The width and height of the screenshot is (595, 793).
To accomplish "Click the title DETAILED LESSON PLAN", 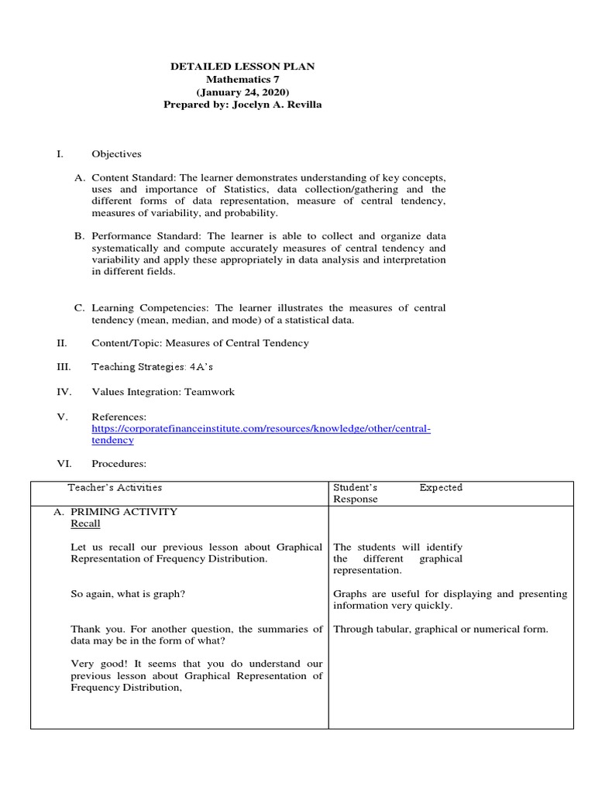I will pyautogui.click(x=242, y=67).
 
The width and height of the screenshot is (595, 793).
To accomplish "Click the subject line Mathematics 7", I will pyautogui.click(x=242, y=80).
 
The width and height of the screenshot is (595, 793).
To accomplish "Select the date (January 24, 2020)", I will pyautogui.click(x=242, y=92).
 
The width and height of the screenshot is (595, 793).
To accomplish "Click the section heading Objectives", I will pyautogui.click(x=116, y=154).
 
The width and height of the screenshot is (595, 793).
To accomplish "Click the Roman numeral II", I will pyautogui.click(x=63, y=342).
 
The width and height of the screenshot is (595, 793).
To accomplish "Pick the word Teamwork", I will pyautogui.click(x=209, y=392).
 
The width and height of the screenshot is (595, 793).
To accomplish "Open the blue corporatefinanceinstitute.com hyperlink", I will pyautogui.click(x=260, y=428).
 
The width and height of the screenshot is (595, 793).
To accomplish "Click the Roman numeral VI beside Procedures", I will pyautogui.click(x=64, y=464).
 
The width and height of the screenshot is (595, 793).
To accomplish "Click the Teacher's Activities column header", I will pyautogui.click(x=115, y=488).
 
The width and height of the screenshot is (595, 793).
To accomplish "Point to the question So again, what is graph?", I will pyautogui.click(x=128, y=594).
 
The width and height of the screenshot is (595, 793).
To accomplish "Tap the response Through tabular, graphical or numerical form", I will pyautogui.click(x=440, y=629).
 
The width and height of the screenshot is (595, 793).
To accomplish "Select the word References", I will pyautogui.click(x=119, y=417).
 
